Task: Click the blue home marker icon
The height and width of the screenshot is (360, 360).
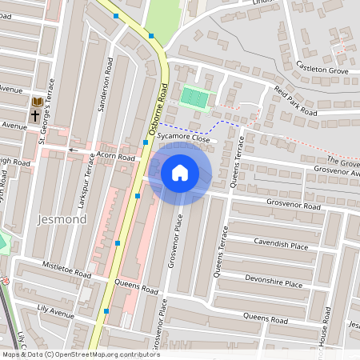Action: [x=180, y=172]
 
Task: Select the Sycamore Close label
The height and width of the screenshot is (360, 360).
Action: [x=183, y=138]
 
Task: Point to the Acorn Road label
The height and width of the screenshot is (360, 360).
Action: [x=115, y=157]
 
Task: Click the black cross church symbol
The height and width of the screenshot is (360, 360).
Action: [x=35, y=116]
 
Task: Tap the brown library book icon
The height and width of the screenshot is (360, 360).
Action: [x=36, y=102]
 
